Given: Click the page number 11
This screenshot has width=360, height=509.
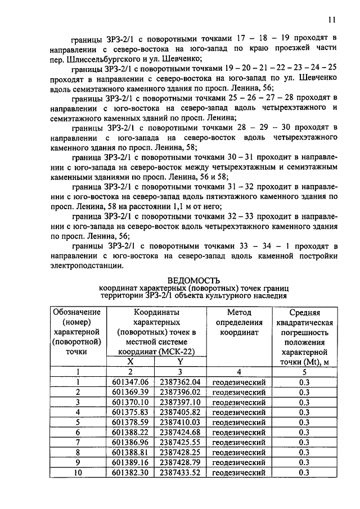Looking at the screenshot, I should (332, 20).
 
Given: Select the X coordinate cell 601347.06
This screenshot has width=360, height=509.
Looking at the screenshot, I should (129, 382).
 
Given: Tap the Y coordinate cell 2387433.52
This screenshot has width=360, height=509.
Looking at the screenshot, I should (180, 473).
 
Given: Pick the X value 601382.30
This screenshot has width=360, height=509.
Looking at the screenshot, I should (129, 473).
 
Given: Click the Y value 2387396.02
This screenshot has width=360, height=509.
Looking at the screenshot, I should (180, 392).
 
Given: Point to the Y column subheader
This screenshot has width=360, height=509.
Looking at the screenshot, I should (180, 362).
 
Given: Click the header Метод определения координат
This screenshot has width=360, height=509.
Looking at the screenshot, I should (239, 322).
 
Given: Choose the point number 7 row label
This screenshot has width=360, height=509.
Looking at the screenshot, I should (78, 443).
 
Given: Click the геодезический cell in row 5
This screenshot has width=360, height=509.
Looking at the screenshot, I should (239, 422).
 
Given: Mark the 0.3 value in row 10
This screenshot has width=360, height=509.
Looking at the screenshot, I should (304, 473).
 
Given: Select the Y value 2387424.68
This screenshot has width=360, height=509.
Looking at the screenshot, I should (180, 433).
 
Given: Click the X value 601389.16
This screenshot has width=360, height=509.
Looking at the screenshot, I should (129, 463).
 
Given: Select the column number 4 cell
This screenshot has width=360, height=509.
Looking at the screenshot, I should (239, 372).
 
